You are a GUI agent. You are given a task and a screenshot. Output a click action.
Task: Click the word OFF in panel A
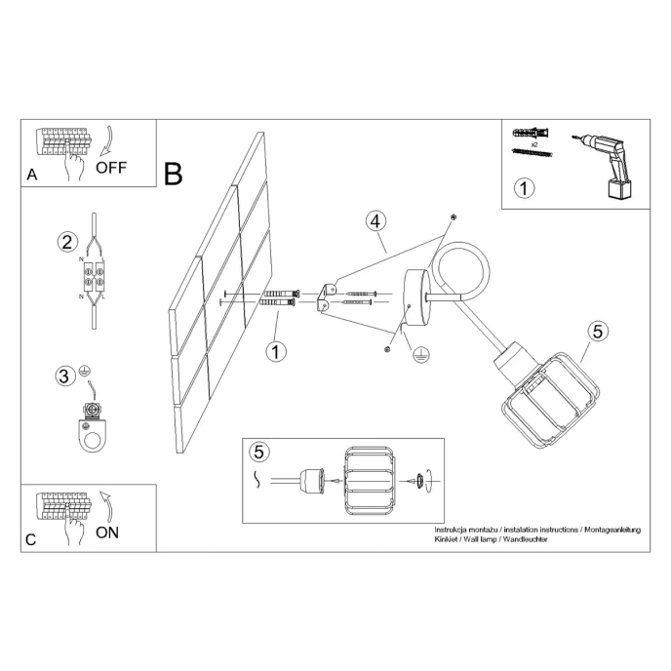tap(111, 166)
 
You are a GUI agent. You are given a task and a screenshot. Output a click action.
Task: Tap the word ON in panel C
tap(108, 532)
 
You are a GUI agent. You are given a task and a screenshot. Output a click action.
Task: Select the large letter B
tap(174, 174)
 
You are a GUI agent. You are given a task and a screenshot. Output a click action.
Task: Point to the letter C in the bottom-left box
tap(32, 540)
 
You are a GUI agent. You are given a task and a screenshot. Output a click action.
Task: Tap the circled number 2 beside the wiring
tap(66, 243)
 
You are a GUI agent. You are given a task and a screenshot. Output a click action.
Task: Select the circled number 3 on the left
tap(63, 375)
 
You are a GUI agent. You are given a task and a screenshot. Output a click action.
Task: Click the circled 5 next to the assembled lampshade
tap(598, 332)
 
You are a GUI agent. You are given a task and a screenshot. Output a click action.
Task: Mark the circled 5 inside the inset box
tap(258, 452)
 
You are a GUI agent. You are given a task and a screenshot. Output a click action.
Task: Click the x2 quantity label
tap(535, 143)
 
